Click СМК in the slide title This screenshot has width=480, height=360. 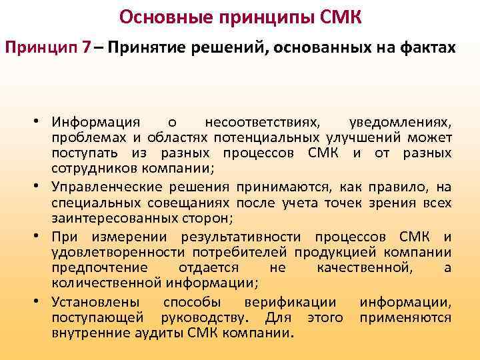point(340,16)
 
